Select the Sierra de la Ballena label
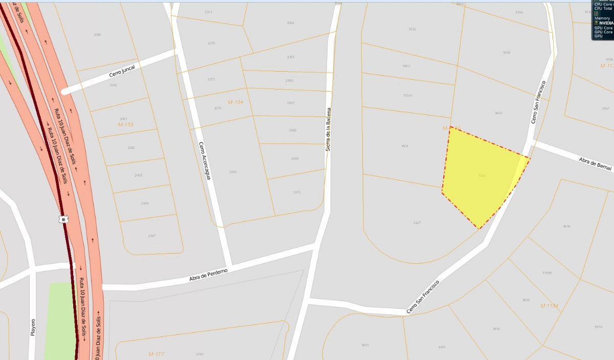(328, 129)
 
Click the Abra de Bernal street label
(596, 165)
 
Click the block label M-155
(125, 124)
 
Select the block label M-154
(235, 102)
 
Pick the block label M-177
(156, 354)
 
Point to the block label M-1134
(549, 306)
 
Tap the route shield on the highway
(63, 219)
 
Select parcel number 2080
(98, 35)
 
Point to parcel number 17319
(408, 95)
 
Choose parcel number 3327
(416, 223)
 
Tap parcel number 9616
(566, 226)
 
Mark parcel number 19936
(547, 273)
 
